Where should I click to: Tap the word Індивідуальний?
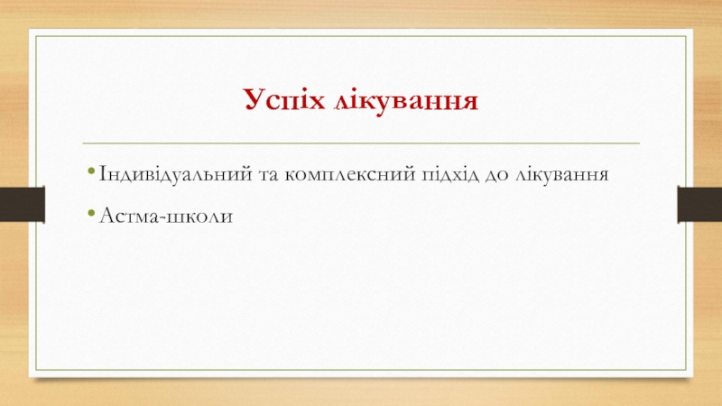(176, 174)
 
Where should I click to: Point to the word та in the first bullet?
(268, 176)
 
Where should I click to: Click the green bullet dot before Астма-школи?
(91, 213)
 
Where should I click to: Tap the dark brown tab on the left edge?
(22, 205)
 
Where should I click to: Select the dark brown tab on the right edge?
(699, 205)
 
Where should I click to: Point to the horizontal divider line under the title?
(361, 143)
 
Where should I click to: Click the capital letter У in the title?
(255, 99)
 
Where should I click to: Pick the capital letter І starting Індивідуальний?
(103, 174)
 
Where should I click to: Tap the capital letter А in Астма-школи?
(107, 215)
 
